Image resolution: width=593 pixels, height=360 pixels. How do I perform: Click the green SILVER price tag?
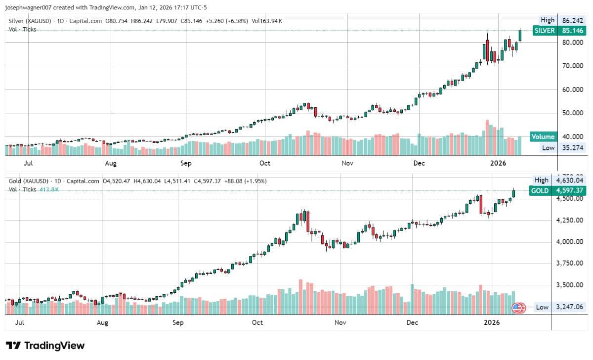(559, 31)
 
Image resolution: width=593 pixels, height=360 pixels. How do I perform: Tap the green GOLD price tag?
(557, 190)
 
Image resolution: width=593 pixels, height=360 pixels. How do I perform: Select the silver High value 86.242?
(573, 20)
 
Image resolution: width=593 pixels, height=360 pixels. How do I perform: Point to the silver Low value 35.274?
(573, 148)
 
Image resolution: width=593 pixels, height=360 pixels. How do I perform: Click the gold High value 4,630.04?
(570, 180)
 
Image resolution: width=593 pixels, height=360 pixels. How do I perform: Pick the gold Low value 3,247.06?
(570, 307)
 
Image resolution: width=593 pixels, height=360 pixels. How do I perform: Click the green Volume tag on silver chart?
(543, 136)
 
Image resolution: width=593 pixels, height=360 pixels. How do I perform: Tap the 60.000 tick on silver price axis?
(573, 90)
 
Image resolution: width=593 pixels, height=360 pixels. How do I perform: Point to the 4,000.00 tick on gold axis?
(570, 242)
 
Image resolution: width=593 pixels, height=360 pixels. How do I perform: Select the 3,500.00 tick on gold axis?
(570, 285)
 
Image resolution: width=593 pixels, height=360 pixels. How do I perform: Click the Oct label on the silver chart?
(265, 163)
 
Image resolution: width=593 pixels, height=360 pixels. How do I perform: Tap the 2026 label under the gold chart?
(492, 322)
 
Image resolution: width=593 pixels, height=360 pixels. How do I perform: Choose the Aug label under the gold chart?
(102, 323)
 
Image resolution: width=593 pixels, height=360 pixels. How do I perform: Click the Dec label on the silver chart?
(419, 163)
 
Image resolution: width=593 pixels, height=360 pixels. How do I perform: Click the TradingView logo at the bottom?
(45, 346)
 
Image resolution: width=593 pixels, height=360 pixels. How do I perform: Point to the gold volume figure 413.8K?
(49, 190)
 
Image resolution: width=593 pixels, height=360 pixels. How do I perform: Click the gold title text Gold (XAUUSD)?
(29, 181)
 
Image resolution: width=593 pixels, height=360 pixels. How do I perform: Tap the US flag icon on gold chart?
(518, 308)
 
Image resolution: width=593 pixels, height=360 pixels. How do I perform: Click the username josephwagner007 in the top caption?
(28, 8)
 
